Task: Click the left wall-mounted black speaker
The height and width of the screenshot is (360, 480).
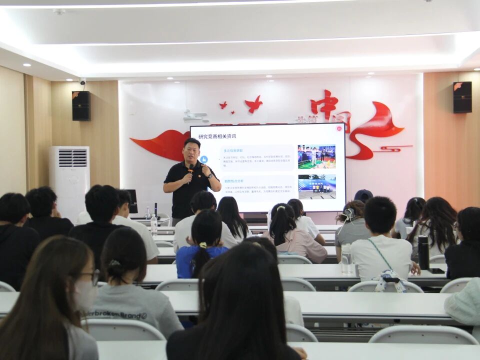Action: coord(81,105)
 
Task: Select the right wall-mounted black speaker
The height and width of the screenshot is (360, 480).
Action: coord(462,97)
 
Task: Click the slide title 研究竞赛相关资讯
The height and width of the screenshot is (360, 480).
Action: coord(217,136)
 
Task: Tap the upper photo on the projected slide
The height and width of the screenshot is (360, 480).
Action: coord(316,156)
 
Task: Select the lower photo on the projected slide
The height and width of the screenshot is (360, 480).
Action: coord(317,186)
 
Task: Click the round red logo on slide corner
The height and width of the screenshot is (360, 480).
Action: coord(338,128)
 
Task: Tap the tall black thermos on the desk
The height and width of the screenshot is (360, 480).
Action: coord(423,252)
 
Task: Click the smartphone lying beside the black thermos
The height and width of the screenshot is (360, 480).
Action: coord(436,270)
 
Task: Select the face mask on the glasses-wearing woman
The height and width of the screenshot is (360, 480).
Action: coord(85,294)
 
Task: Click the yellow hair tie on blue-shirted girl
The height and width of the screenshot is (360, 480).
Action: coord(202,245)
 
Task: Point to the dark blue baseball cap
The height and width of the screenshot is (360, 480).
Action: coord(363,195)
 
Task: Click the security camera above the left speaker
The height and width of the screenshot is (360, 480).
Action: coord(82,81)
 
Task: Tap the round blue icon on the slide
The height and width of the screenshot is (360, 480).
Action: coord(203,159)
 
